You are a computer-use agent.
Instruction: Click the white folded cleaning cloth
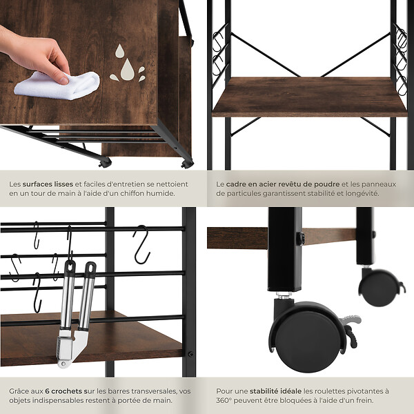click(x=57, y=86)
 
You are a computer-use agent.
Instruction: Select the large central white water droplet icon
click(x=127, y=70)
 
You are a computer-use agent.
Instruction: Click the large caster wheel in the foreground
click(x=306, y=337)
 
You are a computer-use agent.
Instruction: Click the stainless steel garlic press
click(x=75, y=314)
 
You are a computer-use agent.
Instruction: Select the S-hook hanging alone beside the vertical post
click(x=141, y=244)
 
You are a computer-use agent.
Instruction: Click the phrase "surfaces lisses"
click(x=48, y=184)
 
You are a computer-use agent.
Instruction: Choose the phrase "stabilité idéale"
click(x=275, y=391)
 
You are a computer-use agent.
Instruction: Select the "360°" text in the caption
click(x=224, y=400)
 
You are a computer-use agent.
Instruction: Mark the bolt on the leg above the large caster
click(x=300, y=238)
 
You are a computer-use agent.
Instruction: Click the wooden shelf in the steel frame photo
click(x=309, y=97)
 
